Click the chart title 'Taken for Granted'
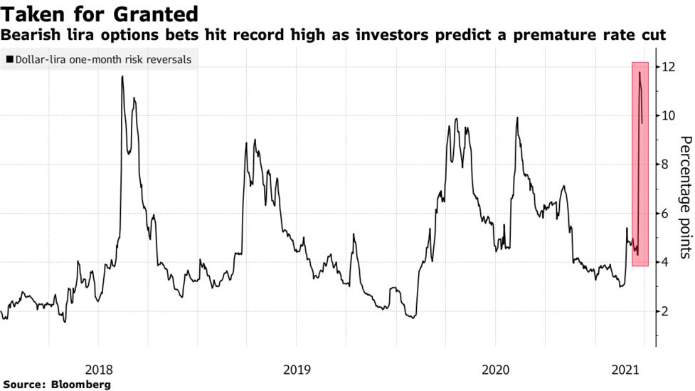(100, 14)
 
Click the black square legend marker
(9, 60)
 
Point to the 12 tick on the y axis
(667, 67)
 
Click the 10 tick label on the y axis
(667, 115)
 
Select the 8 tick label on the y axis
(664, 165)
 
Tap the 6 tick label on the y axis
(664, 214)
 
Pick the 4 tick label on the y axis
(664, 262)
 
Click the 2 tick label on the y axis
(664, 311)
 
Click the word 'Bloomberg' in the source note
(81, 385)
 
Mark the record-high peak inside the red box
(640, 73)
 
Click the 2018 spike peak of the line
(122, 77)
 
